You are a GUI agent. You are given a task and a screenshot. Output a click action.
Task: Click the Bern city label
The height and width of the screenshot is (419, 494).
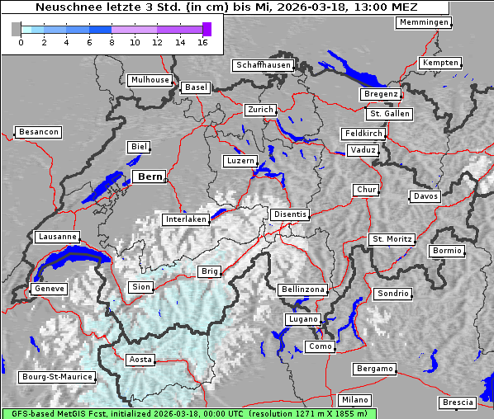(x=150, y=177)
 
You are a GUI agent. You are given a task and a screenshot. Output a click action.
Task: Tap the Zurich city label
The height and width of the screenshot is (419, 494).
(x=260, y=110)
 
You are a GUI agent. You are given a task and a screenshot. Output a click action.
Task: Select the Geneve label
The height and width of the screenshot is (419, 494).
(x=48, y=290)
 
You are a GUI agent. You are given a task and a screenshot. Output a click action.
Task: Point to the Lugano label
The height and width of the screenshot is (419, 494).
(x=302, y=319)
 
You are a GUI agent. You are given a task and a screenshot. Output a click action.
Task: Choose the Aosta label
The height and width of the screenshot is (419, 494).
(x=140, y=360)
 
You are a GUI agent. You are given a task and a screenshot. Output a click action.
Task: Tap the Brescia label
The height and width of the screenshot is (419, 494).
(x=458, y=403)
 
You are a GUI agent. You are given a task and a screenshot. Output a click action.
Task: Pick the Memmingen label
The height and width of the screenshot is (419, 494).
(x=424, y=22)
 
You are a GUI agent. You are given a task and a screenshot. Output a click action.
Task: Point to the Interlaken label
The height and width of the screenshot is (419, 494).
(x=185, y=219)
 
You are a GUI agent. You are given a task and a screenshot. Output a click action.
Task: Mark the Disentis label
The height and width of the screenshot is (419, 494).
(x=289, y=214)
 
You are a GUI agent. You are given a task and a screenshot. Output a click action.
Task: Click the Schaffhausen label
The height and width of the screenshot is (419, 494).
(x=263, y=64)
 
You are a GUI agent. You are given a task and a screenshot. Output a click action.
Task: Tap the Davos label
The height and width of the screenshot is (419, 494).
(x=425, y=196)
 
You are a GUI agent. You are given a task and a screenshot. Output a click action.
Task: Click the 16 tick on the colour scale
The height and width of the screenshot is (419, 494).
(x=203, y=42)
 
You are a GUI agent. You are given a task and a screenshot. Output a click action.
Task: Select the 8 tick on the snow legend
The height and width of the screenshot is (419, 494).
(x=112, y=42)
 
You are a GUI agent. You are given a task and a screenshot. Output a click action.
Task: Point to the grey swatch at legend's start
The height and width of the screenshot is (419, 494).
(x=16, y=29)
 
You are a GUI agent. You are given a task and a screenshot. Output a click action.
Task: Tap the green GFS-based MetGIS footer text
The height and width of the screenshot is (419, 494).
(x=188, y=413)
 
